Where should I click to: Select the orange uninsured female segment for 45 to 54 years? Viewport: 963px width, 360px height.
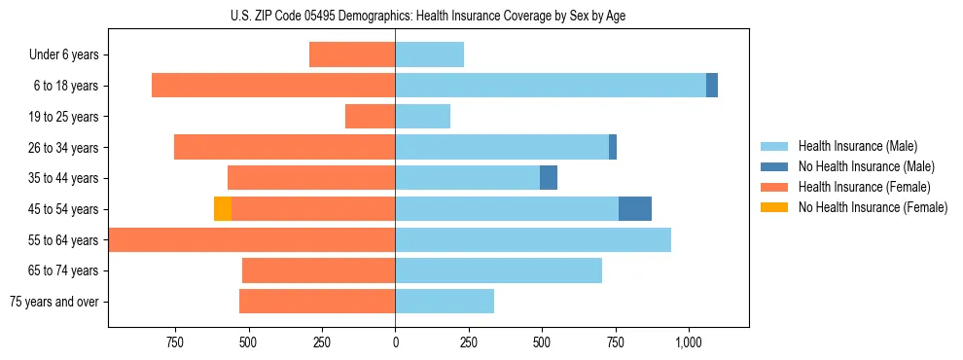(x=223, y=209)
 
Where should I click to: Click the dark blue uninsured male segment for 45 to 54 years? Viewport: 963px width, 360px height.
(x=635, y=209)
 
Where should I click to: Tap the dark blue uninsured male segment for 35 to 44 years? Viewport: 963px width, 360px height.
(x=549, y=178)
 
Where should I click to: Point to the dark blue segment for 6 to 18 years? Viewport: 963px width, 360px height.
(x=712, y=86)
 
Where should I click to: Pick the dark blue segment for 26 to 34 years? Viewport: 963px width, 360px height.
(x=613, y=147)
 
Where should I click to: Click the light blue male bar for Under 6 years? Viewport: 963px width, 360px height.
(x=429, y=54)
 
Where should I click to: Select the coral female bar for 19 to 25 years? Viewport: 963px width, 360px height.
(x=370, y=117)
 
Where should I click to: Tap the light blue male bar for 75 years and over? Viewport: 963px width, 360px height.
(x=445, y=302)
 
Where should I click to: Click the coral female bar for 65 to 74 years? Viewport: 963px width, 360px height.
(x=318, y=270)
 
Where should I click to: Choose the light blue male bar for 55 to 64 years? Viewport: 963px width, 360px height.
(x=533, y=240)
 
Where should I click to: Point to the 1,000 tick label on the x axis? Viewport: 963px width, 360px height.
(x=689, y=342)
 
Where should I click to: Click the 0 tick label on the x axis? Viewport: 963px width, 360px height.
(x=395, y=342)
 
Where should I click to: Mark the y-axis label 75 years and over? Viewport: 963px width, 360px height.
(x=54, y=302)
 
